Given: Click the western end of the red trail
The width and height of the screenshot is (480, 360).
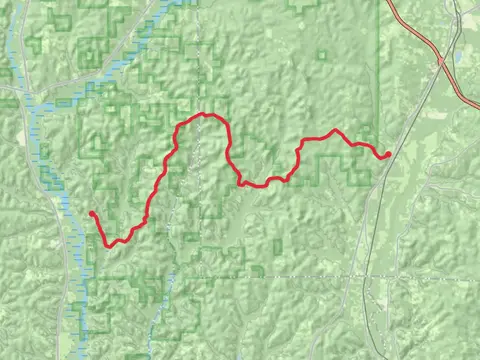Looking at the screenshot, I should click(91, 213).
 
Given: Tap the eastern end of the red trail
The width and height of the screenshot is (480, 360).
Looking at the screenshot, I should click(388, 154).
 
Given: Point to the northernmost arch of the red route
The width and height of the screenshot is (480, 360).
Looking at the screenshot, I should click(204, 115).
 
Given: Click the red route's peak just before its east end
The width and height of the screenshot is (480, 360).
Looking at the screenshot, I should click(336, 130).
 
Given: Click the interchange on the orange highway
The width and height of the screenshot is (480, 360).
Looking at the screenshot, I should click(440, 62).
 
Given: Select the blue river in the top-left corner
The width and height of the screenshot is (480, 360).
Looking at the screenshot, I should click(15, 40).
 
